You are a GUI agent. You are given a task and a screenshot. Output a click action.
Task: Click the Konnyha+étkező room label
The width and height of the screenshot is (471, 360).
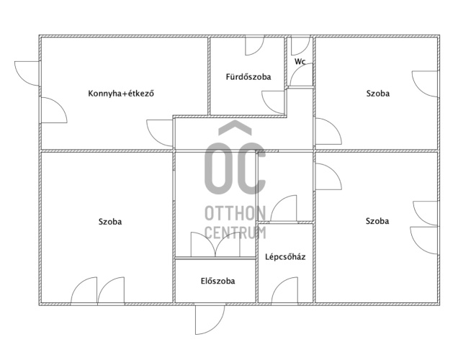(121, 94)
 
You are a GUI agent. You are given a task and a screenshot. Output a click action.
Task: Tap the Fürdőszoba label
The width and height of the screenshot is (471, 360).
(248, 77)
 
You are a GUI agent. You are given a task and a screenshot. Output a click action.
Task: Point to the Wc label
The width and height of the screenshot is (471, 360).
(300, 61)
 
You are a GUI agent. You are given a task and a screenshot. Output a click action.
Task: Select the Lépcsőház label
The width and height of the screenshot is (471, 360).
(285, 257)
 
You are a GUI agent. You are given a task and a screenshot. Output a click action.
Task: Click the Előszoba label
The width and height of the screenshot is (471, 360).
(217, 281)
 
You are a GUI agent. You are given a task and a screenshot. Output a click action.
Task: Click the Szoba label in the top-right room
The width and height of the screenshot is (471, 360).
(378, 94)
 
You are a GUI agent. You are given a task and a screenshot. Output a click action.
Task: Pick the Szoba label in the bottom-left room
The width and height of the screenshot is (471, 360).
(110, 222)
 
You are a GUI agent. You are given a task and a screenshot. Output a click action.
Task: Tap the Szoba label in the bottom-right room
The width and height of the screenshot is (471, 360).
(377, 221)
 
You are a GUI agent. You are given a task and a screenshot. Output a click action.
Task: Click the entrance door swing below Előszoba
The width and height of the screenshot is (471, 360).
(210, 320)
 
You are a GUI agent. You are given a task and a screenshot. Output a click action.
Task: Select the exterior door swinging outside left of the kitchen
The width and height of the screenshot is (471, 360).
(27, 73)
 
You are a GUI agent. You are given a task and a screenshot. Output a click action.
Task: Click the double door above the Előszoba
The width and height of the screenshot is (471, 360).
(215, 244)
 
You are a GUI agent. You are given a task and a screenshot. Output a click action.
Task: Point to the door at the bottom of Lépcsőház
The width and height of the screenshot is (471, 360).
(284, 290)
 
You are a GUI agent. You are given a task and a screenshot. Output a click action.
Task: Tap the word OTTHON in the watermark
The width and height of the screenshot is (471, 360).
(235, 213)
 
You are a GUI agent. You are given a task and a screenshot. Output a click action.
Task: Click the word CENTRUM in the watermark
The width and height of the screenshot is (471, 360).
(235, 233)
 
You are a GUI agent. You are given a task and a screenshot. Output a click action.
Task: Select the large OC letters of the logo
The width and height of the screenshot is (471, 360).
(235, 168)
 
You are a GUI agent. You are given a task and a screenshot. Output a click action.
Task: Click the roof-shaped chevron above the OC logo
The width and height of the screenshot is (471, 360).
(235, 127)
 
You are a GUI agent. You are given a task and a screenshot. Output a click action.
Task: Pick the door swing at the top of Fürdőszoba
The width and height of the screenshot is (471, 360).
(255, 46)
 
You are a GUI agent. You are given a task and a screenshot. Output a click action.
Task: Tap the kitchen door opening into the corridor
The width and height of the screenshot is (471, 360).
(159, 133)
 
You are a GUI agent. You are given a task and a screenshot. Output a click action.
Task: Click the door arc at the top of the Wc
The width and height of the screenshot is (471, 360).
(300, 46)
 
